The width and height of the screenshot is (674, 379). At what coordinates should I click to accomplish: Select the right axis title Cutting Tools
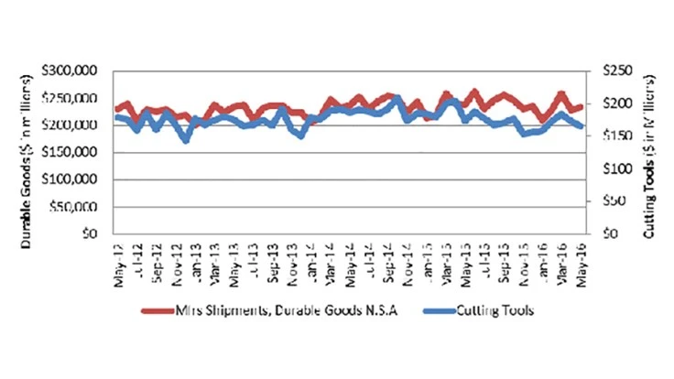652,152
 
